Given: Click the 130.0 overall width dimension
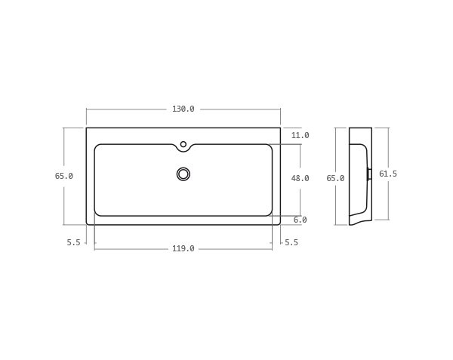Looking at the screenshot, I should click(x=183, y=109).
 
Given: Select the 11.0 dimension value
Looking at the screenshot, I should click(x=300, y=136).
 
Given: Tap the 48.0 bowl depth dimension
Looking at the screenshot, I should click(x=300, y=179).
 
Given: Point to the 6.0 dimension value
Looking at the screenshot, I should click(x=300, y=220).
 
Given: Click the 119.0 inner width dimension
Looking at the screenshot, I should click(x=183, y=249).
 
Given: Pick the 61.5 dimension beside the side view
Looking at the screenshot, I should click(x=387, y=174).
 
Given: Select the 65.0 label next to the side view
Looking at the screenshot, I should click(x=335, y=179).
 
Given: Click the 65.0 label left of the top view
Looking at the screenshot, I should click(x=64, y=177).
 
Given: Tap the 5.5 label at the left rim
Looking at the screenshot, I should click(x=73, y=243).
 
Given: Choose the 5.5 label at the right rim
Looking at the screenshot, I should click(x=291, y=243).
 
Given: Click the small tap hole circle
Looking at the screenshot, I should click(x=183, y=144).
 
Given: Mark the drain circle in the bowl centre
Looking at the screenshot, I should click(x=183, y=174).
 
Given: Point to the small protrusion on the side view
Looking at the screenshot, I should click(x=369, y=174).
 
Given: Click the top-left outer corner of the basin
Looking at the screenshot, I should click(x=87, y=128).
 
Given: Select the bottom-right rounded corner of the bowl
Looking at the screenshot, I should click(x=270, y=214).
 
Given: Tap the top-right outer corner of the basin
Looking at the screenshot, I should click(x=280, y=128).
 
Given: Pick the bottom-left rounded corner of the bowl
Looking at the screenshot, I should click(x=97, y=214).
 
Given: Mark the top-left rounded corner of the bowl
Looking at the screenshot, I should click(x=97, y=147).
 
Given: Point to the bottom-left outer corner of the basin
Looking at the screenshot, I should click(x=88, y=223).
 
